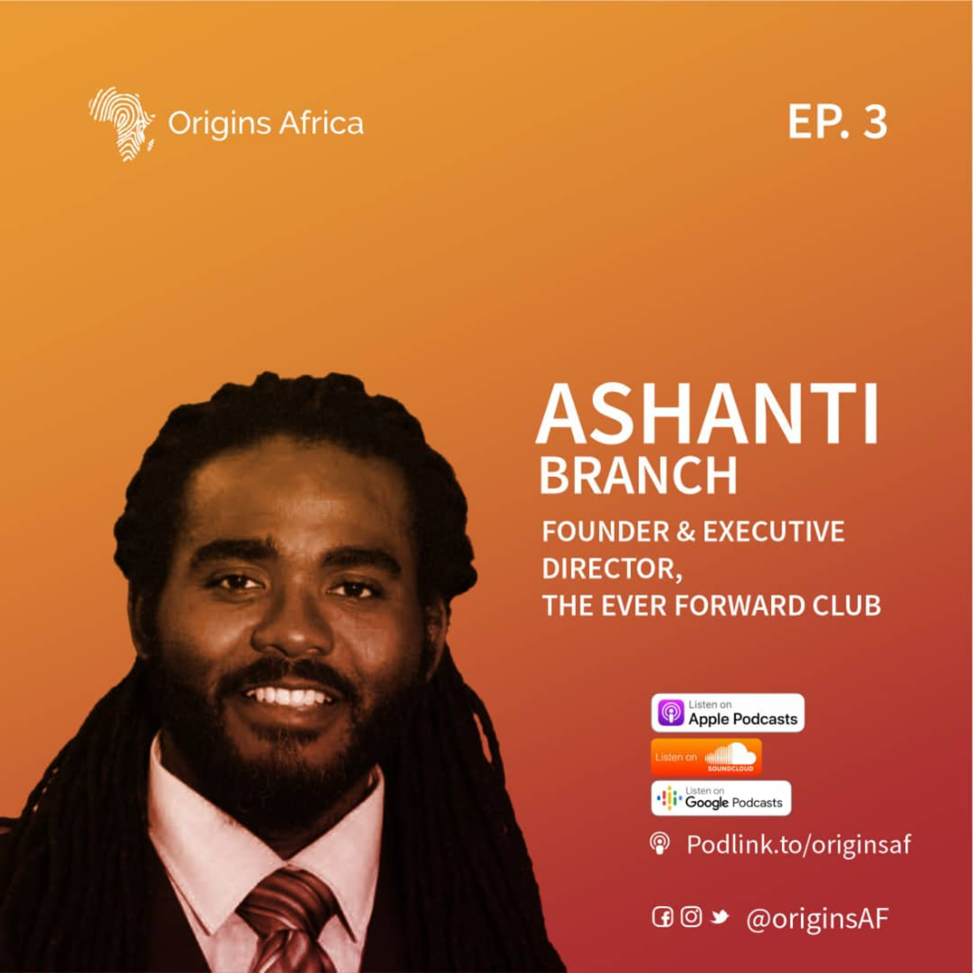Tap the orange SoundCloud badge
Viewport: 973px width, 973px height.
click(x=706, y=757)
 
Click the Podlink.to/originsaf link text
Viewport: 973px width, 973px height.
click(x=799, y=845)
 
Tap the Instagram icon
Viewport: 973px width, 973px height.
click(x=691, y=917)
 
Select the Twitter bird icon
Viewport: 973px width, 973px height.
click(x=720, y=918)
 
